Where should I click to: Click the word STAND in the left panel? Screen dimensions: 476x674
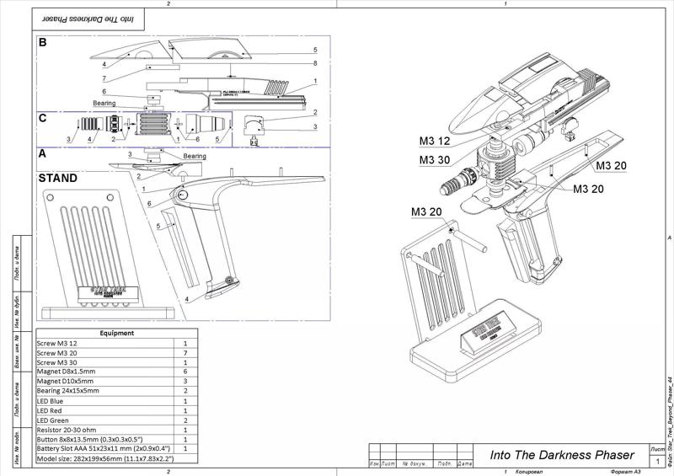(58, 179)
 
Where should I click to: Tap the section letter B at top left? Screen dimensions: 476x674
(42, 40)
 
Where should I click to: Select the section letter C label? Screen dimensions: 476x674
(42, 119)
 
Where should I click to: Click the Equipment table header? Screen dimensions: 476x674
(117, 333)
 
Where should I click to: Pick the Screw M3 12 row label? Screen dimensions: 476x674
(56, 344)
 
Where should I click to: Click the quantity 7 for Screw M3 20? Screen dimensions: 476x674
(185, 356)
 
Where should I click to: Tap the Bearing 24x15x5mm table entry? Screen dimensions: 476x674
(67, 391)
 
